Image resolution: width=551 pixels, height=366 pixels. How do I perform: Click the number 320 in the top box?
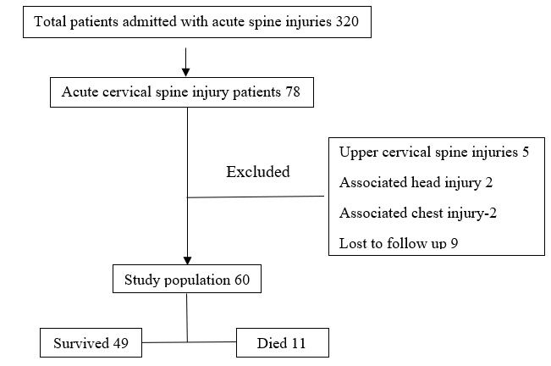coord(347,22)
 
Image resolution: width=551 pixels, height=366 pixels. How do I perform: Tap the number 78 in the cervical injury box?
coord(293,92)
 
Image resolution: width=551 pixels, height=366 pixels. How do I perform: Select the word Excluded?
coord(258,172)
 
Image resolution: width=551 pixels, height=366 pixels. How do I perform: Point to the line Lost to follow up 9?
coord(399,243)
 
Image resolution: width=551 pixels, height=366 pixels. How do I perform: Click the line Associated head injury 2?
coord(416,182)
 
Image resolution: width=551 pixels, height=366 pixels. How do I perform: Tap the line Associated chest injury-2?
coord(418,213)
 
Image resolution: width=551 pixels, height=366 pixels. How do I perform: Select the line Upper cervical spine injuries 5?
coord(434,152)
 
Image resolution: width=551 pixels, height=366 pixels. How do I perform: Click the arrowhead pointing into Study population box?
coord(187,260)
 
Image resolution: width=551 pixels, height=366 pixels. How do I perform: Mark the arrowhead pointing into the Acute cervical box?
coord(186,72)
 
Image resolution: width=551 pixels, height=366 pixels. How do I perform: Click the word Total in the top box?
coord(50,22)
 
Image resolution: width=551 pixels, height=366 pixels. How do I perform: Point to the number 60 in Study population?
coord(242,280)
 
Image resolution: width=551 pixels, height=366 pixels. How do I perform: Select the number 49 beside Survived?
coord(121,343)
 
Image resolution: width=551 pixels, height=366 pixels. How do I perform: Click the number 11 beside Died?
coord(298,343)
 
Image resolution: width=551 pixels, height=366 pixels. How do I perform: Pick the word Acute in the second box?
coord(80,92)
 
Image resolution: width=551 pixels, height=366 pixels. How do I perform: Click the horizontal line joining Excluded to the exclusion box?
coord(256,197)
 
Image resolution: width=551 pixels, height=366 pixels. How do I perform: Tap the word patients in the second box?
coord(256,92)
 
